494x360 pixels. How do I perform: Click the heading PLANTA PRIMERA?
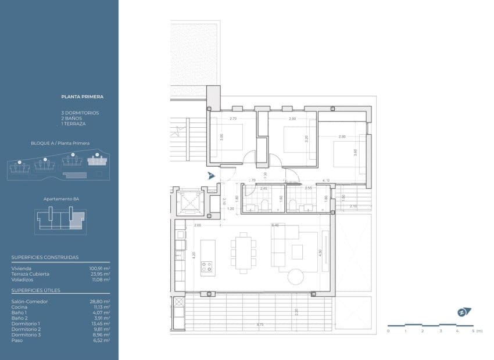[82, 98]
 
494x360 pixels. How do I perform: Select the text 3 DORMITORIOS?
[80, 112]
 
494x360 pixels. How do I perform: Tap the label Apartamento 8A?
[61, 199]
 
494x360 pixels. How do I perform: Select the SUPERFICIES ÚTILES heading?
[35, 290]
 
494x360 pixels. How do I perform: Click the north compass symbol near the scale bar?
[463, 312]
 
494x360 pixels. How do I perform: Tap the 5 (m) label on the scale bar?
[477, 330]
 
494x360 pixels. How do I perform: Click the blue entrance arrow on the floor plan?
[212, 175]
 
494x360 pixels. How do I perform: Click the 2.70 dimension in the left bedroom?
[233, 119]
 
